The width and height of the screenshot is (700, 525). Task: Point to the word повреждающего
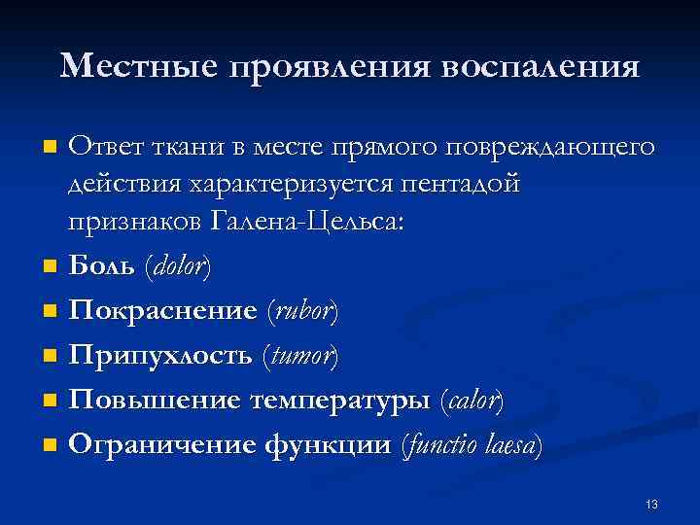pos(549,148)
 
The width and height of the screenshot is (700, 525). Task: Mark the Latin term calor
pos(472,402)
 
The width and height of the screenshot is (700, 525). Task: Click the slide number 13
pos(651,504)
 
